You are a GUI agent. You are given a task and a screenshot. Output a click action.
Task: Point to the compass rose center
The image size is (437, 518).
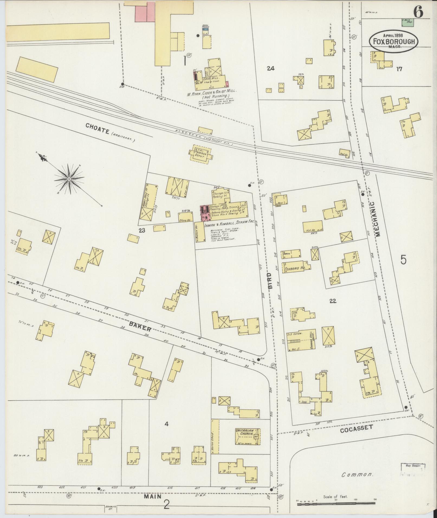click(x=69, y=179)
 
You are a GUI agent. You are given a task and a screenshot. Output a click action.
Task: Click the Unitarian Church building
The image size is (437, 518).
click(x=248, y=436)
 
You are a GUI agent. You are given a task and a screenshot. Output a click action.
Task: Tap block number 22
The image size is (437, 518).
click(x=333, y=301)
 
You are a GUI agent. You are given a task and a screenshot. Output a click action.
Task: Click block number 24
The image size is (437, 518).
click(x=270, y=69)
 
